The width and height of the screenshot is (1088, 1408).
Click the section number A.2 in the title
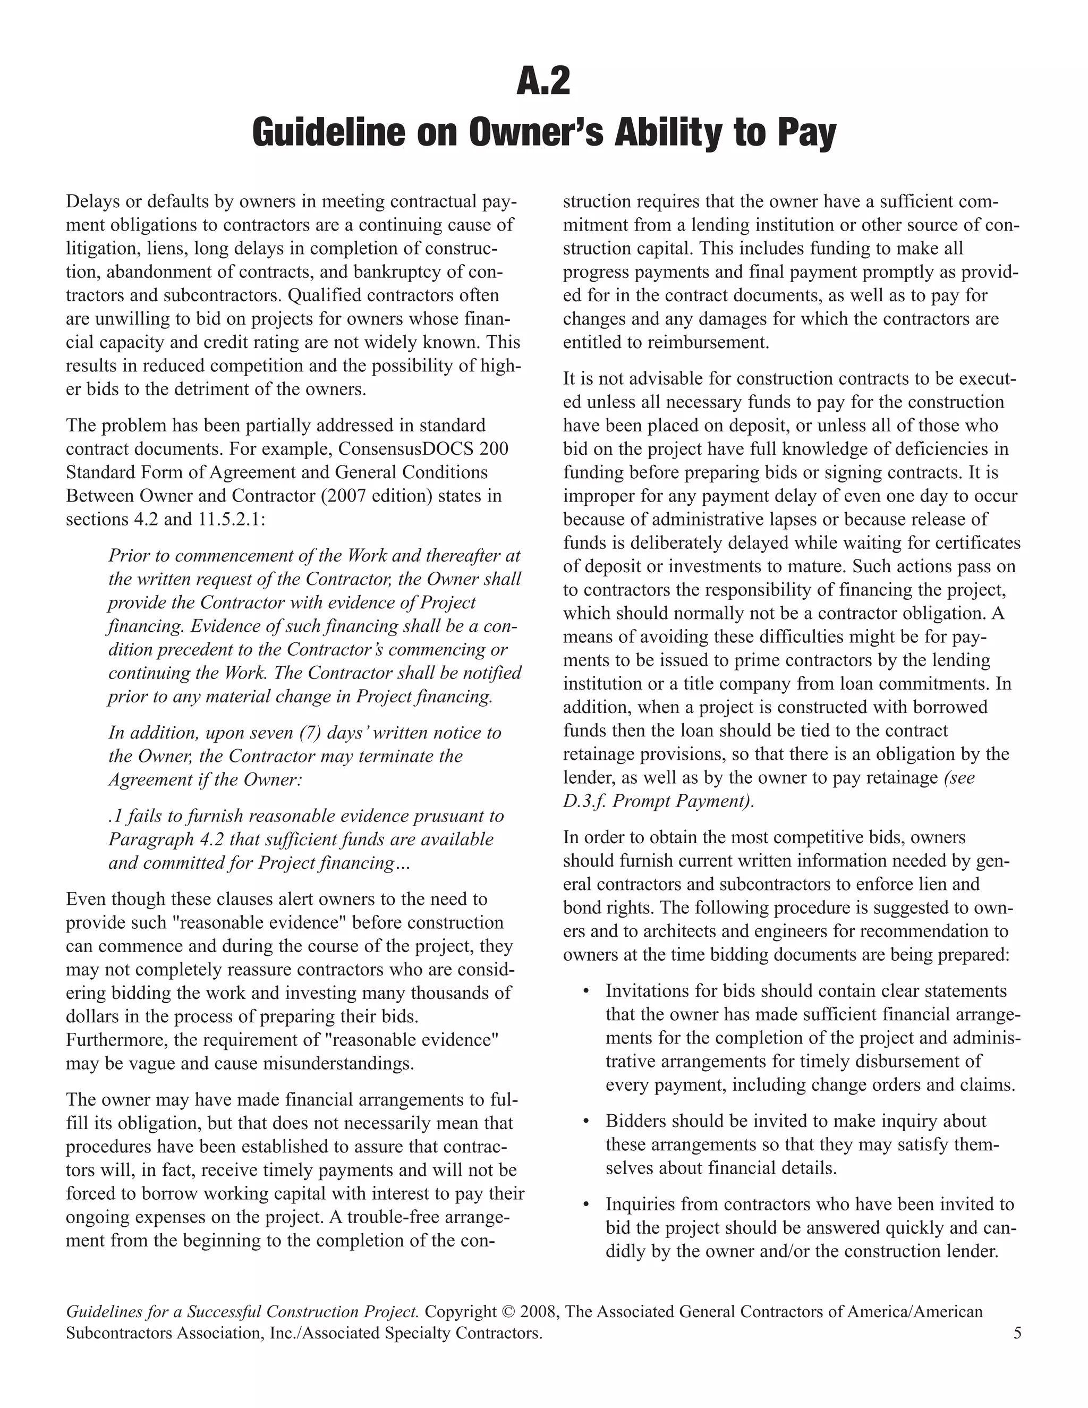click(543, 82)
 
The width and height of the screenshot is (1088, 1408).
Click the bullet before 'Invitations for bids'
click(586, 991)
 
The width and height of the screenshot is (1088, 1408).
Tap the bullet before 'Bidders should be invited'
click(586, 1122)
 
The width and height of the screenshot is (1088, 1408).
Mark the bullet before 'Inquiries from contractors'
click(586, 1205)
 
